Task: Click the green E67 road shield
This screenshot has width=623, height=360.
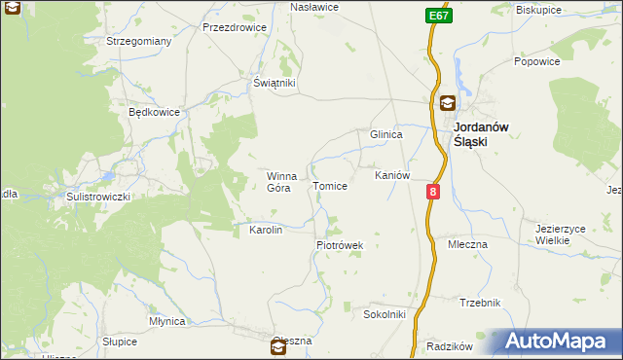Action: [437, 17]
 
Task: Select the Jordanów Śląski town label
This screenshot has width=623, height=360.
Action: [485, 133]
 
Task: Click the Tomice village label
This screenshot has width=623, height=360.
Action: [329, 186]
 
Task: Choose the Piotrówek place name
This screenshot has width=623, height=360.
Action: [339, 245]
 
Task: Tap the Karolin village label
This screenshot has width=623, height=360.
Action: [266, 230]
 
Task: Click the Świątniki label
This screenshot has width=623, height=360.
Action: [274, 84]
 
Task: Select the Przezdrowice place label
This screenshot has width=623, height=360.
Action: [235, 27]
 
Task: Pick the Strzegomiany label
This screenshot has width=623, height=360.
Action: [139, 41]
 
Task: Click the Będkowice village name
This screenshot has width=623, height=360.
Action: [155, 112]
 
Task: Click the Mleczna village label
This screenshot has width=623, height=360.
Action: [467, 244]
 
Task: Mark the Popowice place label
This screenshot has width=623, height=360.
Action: [536, 60]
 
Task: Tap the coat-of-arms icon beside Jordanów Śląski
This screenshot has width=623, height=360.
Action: [446, 102]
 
